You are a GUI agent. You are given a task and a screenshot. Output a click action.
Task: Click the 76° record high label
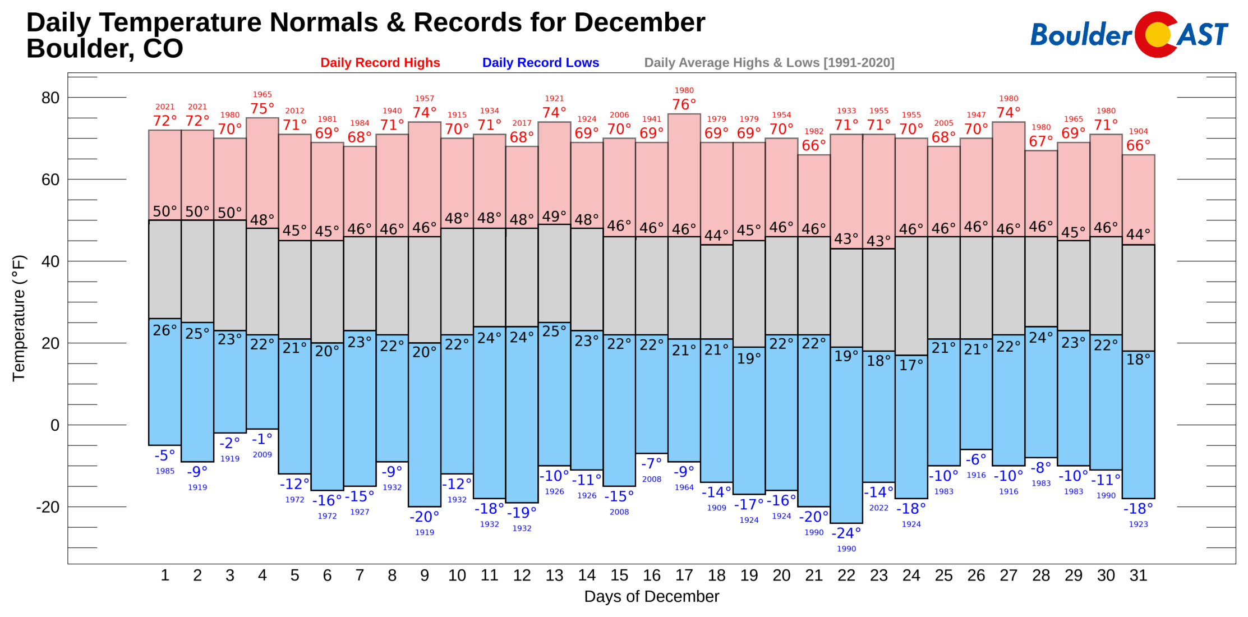(684, 105)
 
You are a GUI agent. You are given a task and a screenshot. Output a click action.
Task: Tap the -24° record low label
(846, 533)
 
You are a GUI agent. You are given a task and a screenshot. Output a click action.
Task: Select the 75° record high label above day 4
(262, 109)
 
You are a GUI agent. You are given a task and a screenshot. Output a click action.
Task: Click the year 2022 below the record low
(878, 508)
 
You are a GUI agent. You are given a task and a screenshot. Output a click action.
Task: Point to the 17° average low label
(911, 366)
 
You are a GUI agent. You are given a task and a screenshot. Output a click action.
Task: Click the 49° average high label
(554, 217)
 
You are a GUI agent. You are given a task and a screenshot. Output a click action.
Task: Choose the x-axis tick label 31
(1138, 575)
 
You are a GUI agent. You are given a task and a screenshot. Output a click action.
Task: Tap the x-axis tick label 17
(684, 575)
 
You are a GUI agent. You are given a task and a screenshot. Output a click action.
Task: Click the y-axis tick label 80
(50, 98)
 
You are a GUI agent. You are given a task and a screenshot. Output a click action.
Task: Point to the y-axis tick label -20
(48, 507)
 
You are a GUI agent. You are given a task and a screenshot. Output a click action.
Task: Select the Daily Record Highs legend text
(380, 63)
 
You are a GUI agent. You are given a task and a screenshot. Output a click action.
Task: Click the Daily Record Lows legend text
(540, 63)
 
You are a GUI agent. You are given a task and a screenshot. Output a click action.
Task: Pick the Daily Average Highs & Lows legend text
(768, 63)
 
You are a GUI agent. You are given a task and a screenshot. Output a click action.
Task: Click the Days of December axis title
(651, 597)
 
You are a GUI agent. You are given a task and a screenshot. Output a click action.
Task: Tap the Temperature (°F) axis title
(19, 318)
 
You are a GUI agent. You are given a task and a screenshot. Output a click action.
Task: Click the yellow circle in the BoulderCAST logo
(1157, 35)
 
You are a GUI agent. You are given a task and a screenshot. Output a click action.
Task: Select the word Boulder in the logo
(1080, 35)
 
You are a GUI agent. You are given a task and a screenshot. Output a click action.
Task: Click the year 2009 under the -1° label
(262, 455)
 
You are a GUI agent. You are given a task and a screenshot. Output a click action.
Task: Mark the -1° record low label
(262, 439)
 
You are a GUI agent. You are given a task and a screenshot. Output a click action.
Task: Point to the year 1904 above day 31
(1138, 131)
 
